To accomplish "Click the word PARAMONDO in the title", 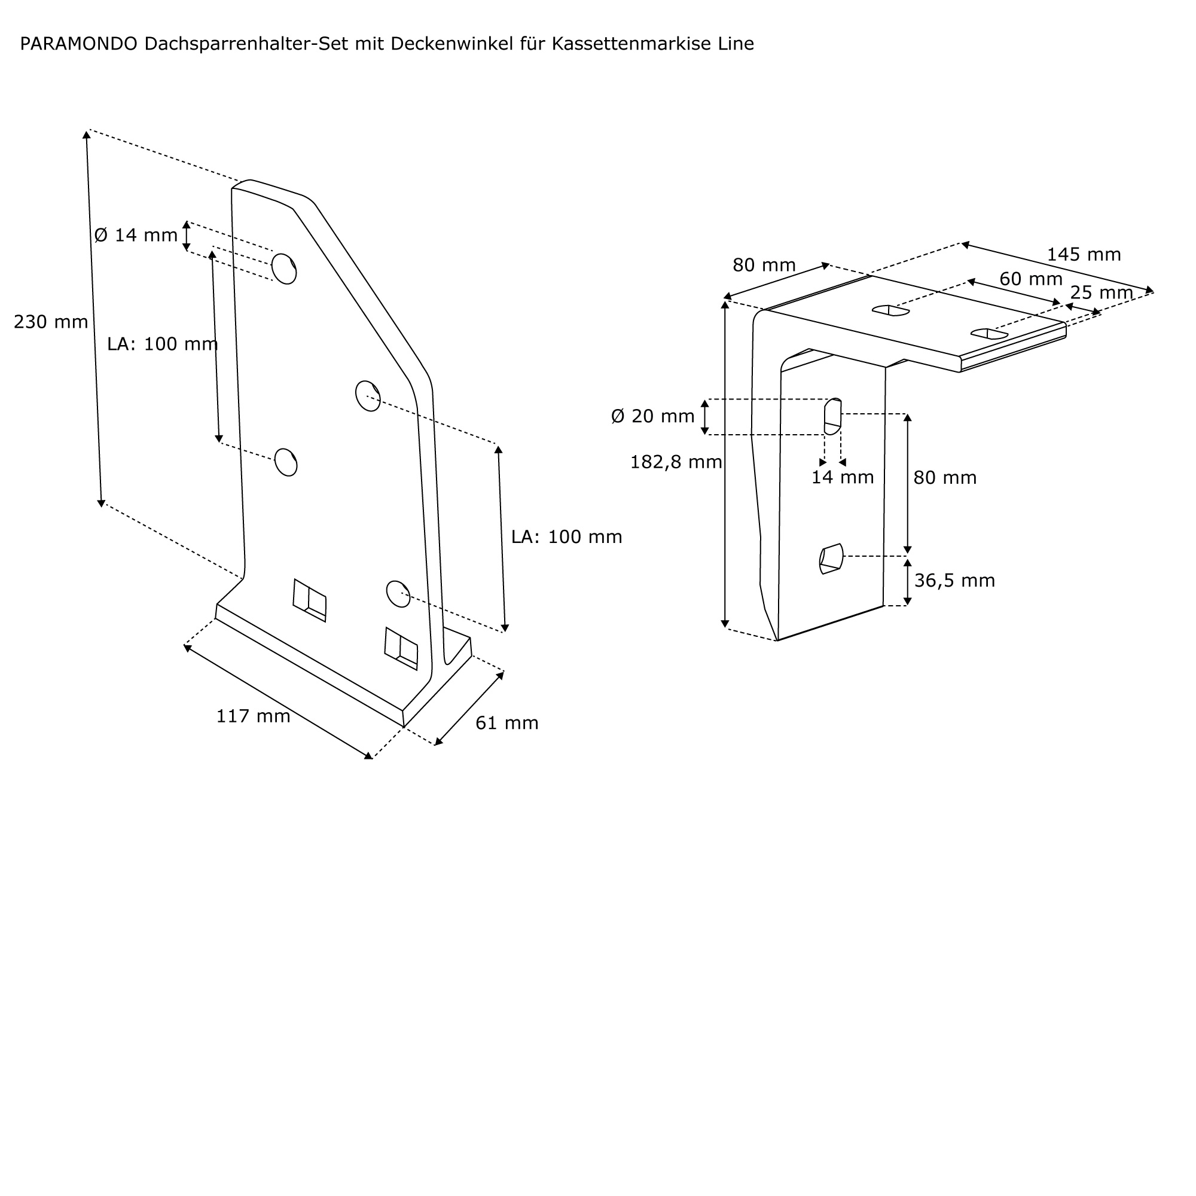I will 78,44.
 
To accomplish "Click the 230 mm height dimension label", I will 51,322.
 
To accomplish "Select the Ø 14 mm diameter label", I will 136,235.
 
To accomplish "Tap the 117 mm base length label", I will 252,716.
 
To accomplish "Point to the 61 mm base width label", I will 507,723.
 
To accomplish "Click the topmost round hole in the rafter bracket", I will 283,269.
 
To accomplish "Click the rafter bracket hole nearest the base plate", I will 398,594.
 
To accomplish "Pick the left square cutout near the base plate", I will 310,600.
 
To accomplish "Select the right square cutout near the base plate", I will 401,648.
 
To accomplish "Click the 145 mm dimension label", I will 1084,254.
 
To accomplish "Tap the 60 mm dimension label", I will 1031,279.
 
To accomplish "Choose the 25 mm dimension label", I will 1102,293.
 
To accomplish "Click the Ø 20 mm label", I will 652,416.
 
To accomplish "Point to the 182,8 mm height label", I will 676,462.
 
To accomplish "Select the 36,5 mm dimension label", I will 954,581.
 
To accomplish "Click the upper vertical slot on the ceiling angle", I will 832,416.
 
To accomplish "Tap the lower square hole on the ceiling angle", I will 831,559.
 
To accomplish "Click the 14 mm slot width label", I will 842,477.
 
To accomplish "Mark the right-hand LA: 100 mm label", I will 566,537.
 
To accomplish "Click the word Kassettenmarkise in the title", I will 632,44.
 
